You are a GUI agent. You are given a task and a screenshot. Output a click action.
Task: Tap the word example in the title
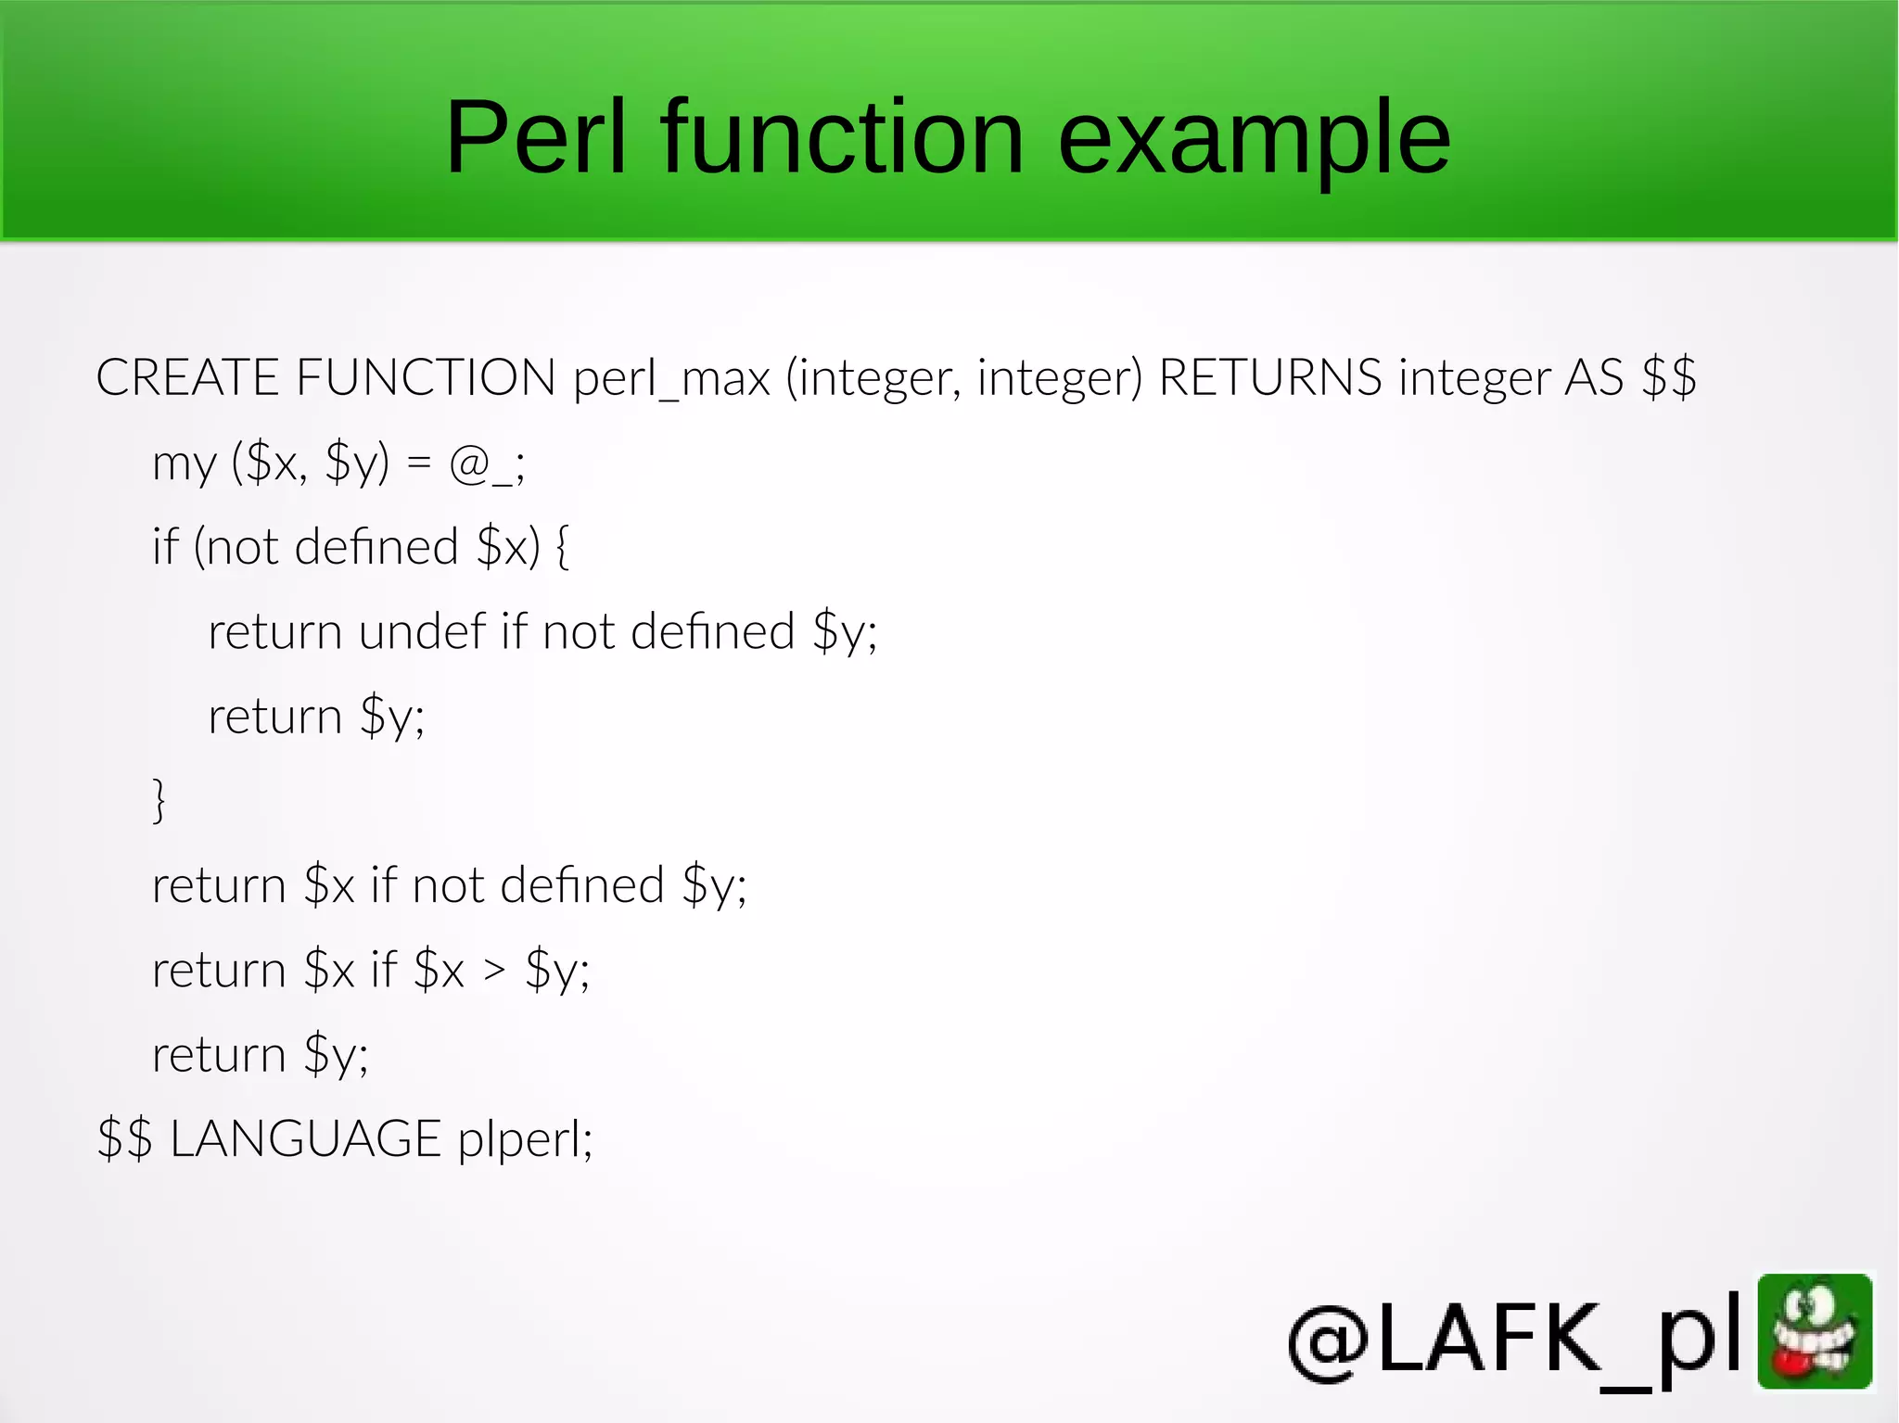1254,139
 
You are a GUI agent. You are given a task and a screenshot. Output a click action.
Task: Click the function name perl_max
671,378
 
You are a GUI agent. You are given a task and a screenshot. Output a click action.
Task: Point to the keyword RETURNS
1270,378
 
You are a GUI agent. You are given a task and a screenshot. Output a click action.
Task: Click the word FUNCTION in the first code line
426,378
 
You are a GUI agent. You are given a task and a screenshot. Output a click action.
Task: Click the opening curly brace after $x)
562,547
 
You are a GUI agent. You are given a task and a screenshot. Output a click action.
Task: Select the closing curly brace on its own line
159,800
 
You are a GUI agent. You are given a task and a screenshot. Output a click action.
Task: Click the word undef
422,632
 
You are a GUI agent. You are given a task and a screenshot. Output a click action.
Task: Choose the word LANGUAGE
305,1139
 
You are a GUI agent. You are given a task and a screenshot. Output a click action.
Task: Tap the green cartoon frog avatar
1815,1331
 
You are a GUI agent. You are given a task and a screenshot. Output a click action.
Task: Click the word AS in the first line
1594,378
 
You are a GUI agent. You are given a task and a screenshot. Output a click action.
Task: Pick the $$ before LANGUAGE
124,1139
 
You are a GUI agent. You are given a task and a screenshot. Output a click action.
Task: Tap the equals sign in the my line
419,463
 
